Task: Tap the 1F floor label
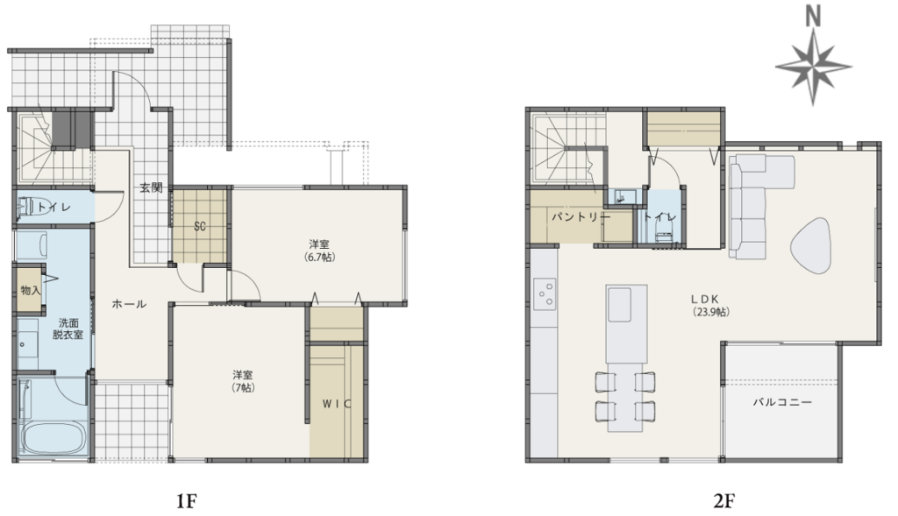[x=186, y=502]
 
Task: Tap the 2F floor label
[x=723, y=502]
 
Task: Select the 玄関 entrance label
[x=151, y=187]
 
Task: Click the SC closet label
[x=199, y=227]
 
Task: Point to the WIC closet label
[x=337, y=404]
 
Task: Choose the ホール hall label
[x=129, y=304]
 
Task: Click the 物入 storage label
[x=31, y=291]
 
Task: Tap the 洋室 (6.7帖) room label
[x=319, y=251]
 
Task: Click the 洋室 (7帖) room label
[x=243, y=381]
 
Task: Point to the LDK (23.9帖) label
[x=711, y=306]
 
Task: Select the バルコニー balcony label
[x=781, y=402]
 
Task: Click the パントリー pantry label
[x=581, y=217]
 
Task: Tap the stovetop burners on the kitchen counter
[x=544, y=293]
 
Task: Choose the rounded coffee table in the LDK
[x=810, y=246]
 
